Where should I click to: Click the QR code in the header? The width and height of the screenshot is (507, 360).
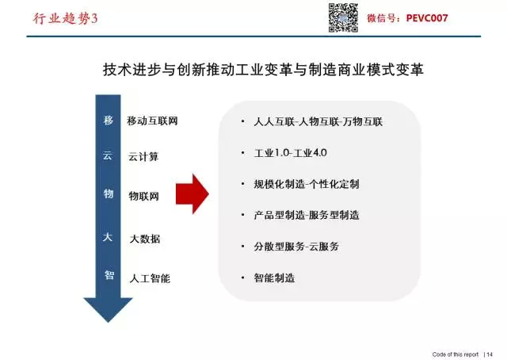click(343, 17)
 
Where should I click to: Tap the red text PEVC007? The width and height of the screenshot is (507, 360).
click(427, 18)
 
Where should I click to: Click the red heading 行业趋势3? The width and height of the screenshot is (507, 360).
click(65, 18)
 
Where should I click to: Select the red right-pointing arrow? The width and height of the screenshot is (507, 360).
click(193, 194)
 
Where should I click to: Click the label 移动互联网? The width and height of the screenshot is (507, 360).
click(152, 121)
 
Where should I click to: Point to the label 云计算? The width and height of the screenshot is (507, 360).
click(143, 157)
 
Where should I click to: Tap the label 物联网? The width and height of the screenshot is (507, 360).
click(144, 196)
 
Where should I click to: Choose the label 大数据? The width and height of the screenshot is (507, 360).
click(144, 239)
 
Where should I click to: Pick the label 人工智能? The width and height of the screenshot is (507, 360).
click(150, 278)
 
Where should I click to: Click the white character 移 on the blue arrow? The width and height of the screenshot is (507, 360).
click(109, 120)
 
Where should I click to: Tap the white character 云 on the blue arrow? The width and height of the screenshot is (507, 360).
click(108, 155)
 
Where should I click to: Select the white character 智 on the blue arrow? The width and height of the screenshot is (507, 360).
click(109, 275)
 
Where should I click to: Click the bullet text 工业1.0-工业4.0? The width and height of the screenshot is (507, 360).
click(291, 152)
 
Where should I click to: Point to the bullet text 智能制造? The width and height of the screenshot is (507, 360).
click(274, 278)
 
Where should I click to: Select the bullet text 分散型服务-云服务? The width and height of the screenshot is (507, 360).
click(296, 247)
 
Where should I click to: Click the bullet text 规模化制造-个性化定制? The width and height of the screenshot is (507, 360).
click(307, 184)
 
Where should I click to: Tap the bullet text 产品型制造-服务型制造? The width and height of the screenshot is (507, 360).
click(307, 215)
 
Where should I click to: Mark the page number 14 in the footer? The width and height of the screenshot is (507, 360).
click(490, 354)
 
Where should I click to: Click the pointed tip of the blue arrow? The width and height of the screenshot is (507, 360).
click(108, 322)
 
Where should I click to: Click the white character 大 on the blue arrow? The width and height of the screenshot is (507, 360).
click(108, 237)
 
